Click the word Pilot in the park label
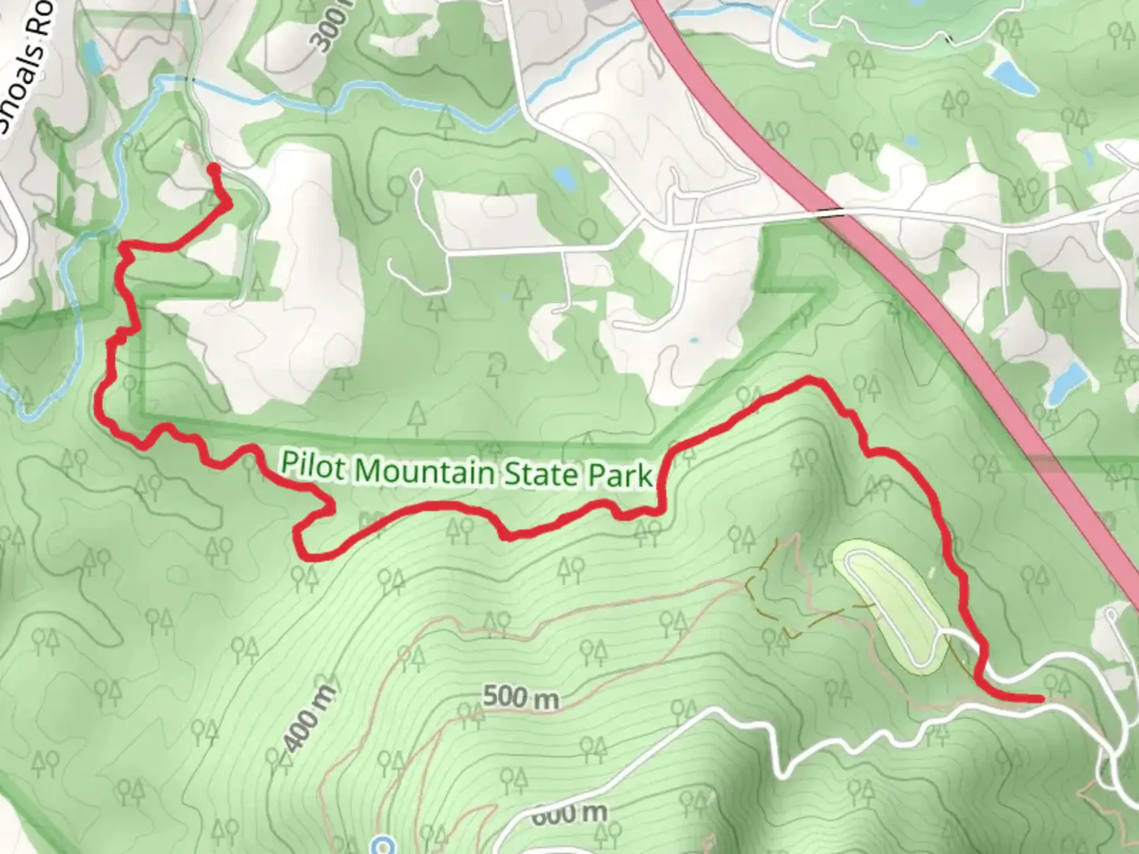click(x=313, y=466)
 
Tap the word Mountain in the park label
click(x=425, y=471)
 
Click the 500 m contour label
click(x=520, y=697)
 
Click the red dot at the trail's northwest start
click(x=213, y=168)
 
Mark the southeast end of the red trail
click(x=1039, y=698)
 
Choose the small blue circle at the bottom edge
click(x=383, y=845)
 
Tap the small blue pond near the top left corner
click(x=93, y=55)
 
